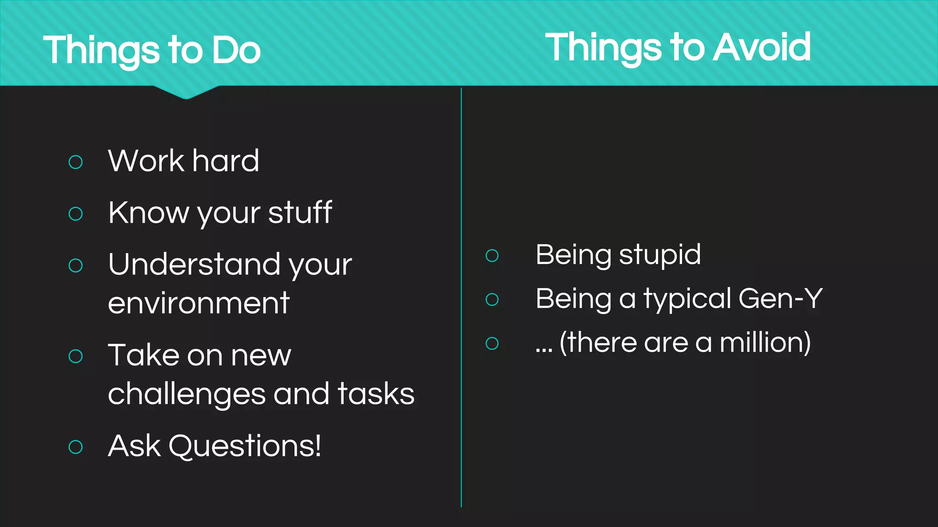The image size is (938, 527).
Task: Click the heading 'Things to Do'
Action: click(152, 50)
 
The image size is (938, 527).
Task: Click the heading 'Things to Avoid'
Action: click(678, 48)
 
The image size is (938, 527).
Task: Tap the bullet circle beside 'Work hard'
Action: click(76, 162)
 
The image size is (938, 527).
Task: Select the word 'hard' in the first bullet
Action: click(225, 161)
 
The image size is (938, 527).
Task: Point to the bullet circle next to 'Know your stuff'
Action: click(76, 214)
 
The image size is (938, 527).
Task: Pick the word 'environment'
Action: click(199, 303)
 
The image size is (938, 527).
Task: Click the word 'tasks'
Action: click(376, 394)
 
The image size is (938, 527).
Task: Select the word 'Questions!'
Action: click(245, 446)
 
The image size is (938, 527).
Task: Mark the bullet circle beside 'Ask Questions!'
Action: click(76, 447)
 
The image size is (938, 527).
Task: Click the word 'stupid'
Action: click(660, 255)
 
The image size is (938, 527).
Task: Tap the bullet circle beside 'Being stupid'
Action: click(492, 255)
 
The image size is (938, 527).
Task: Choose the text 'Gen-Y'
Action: click(780, 299)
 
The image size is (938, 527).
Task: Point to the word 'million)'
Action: click(765, 343)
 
